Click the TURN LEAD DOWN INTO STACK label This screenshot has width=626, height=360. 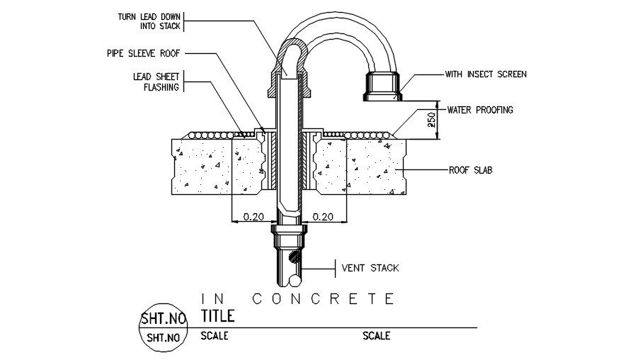149,21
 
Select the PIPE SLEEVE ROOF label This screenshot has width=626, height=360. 143,53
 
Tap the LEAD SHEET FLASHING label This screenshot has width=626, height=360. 156,81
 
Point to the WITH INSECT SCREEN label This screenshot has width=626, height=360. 486,74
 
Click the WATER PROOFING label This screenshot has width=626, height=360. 480,110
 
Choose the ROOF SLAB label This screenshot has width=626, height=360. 471,170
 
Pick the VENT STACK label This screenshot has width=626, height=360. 370,268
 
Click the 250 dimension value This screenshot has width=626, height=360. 431,120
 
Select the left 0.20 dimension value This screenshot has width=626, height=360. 254,217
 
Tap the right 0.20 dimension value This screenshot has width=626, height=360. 323,217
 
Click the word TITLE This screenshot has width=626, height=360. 217,316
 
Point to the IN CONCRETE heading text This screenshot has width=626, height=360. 298,299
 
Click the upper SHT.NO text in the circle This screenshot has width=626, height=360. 164,318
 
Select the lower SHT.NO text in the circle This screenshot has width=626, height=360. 164,337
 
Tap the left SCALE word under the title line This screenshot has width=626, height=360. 215,336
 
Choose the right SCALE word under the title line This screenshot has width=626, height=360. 377,336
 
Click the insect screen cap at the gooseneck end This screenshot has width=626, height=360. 382,86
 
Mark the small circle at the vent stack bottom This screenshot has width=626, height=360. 295,281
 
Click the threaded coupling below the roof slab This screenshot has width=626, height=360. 290,236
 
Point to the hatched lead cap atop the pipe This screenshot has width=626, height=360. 290,67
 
